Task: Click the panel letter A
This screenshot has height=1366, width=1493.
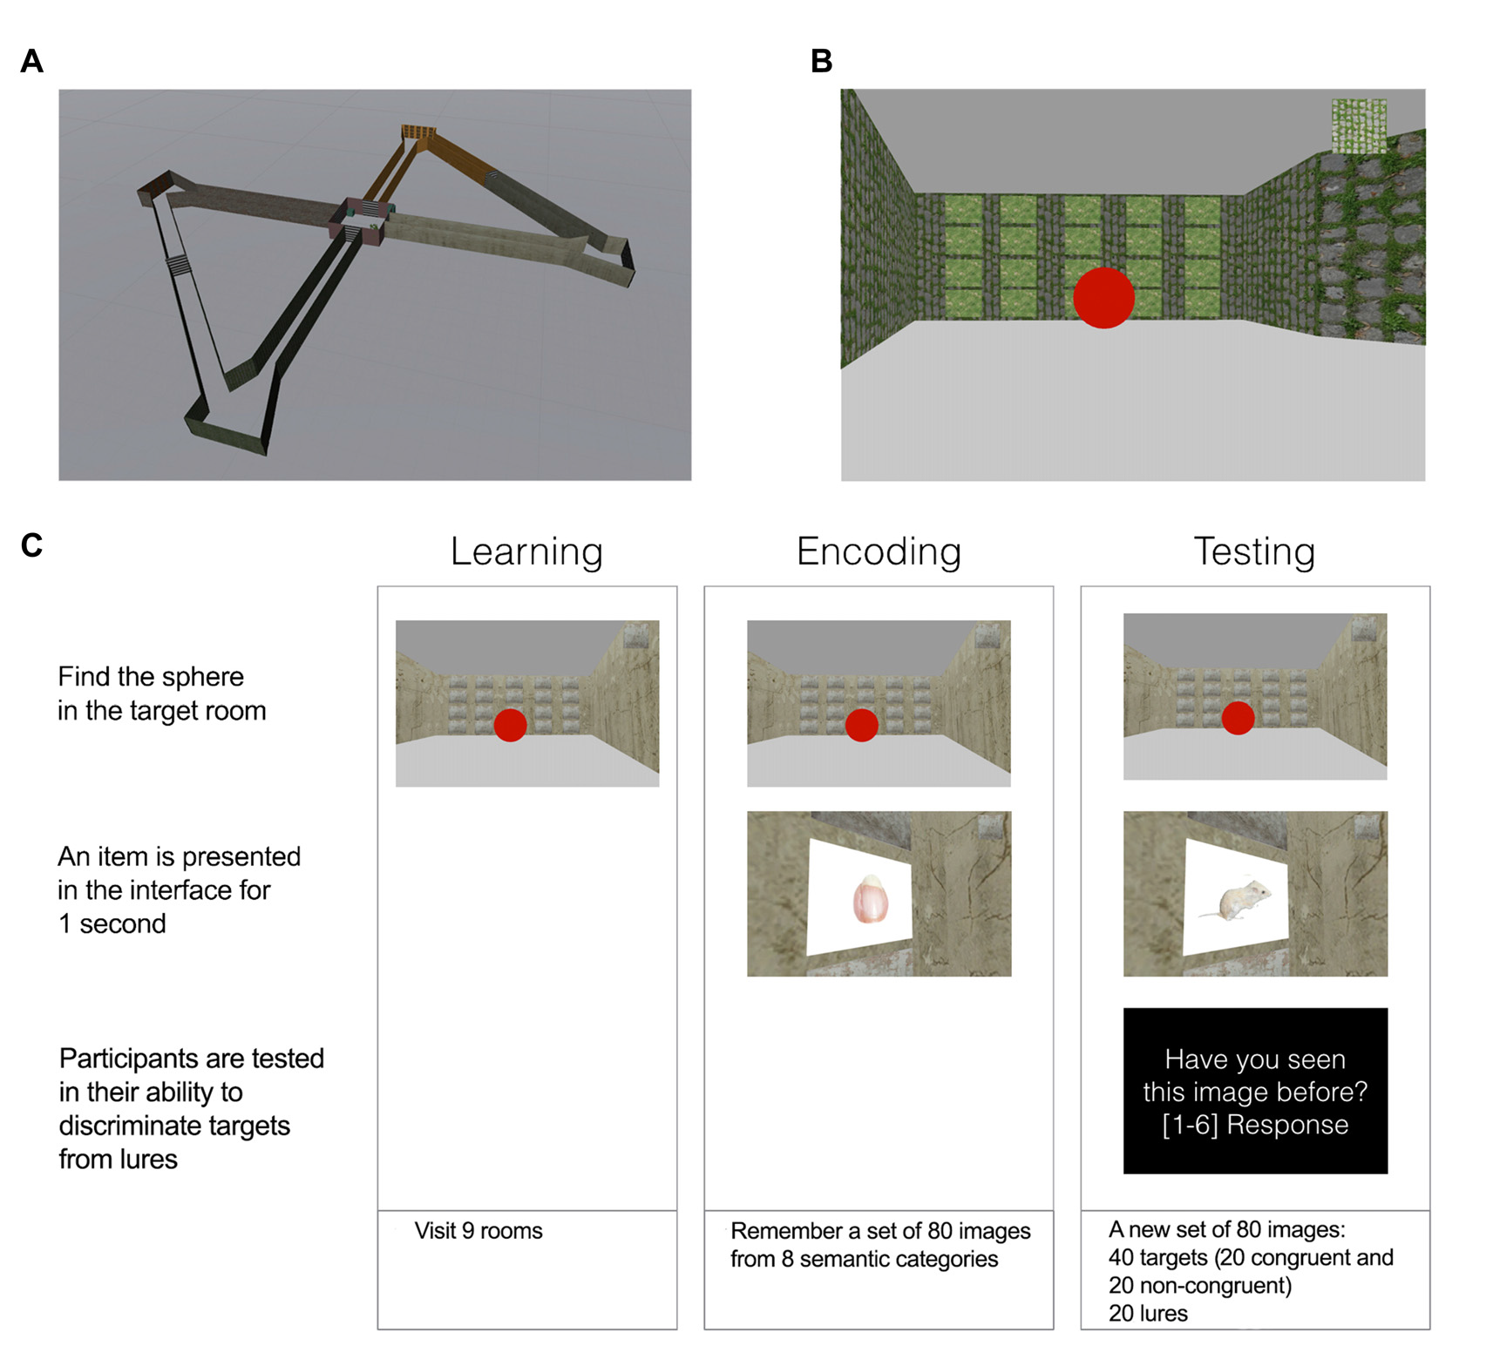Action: pos(32,62)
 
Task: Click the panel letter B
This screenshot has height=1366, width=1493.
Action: pos(821,62)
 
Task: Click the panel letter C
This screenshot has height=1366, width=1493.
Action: pos(32,546)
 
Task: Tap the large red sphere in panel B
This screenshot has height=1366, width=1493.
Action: pos(1103,298)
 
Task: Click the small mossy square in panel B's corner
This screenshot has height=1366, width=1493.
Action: pos(1359,125)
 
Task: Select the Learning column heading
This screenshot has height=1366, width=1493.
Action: pos(526,551)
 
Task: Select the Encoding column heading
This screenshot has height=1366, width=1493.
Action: pos(879,551)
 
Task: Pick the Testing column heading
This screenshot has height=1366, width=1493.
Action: pos(1254,551)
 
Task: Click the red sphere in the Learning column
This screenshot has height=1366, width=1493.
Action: pos(510,725)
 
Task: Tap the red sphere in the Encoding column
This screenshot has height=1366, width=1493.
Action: pos(861,725)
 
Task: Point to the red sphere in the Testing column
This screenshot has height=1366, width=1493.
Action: pos(1238,718)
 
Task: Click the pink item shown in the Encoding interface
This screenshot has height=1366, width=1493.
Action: pos(870,900)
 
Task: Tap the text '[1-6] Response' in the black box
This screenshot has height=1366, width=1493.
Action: pos(1255,1126)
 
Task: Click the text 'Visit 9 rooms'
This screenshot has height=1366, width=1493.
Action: pos(478,1231)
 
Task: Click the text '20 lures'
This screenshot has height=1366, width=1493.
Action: pos(1148,1314)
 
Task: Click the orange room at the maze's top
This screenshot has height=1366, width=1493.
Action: pos(418,132)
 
